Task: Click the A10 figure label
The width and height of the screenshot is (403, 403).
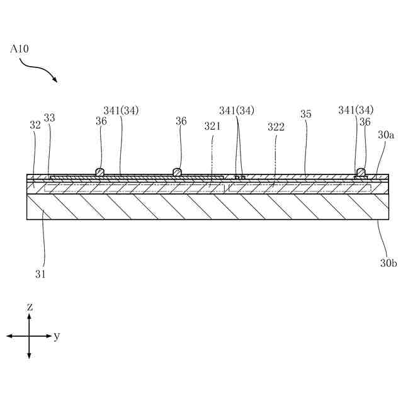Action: tap(19, 48)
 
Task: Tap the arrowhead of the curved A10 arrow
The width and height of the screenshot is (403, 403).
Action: tap(55, 81)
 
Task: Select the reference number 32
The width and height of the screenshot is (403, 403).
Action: tap(35, 125)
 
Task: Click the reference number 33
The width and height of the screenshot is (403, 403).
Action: tap(49, 118)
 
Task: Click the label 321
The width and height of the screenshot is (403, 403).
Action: tap(213, 126)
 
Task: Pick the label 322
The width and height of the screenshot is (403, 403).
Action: tap(276, 127)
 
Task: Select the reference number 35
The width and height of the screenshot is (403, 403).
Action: tap(306, 115)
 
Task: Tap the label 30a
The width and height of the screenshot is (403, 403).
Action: tap(385, 135)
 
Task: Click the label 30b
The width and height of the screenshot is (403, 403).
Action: tap(388, 263)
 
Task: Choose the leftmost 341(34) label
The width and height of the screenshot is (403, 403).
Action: tap(121, 110)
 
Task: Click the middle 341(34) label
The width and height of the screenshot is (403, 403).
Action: tap(237, 110)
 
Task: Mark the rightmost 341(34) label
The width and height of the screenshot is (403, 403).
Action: tap(356, 110)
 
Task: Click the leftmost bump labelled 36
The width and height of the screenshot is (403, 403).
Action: tap(99, 172)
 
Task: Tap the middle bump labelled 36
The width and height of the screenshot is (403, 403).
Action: tap(177, 172)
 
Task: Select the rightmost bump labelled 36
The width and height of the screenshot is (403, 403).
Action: tap(361, 172)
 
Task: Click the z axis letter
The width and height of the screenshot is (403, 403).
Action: tap(30, 307)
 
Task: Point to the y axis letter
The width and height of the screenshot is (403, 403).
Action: tap(57, 336)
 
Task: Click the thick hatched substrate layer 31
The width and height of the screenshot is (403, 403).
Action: tap(201, 207)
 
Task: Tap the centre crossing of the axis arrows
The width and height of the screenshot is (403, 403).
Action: tap(30, 336)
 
